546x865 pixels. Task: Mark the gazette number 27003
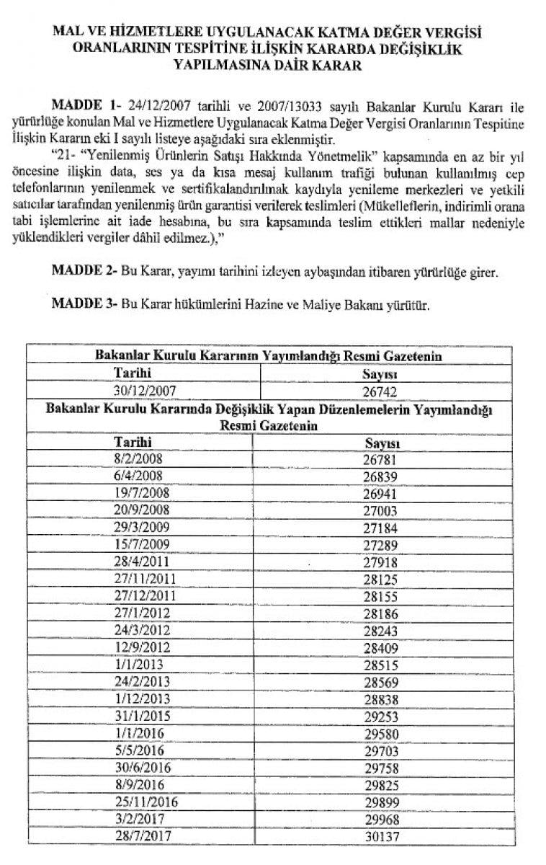(381, 507)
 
